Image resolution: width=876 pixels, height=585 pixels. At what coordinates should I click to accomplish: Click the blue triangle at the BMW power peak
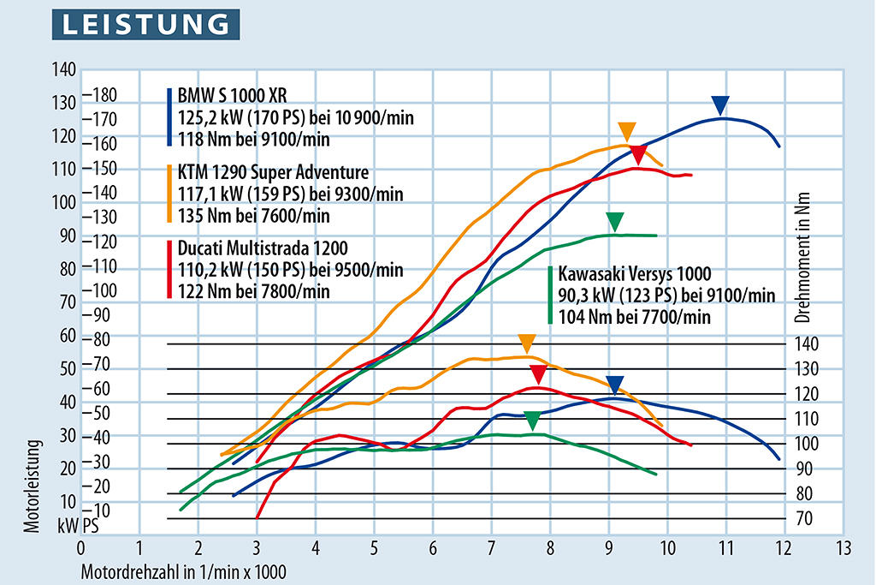[x=720, y=105]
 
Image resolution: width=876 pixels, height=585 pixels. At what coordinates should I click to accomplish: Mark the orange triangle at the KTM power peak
[x=627, y=131]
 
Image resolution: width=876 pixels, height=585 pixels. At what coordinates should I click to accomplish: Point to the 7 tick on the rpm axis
[x=491, y=546]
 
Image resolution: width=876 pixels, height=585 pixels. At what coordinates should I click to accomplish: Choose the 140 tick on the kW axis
[x=66, y=70]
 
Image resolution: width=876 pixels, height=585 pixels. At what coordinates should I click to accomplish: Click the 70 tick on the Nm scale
[x=806, y=518]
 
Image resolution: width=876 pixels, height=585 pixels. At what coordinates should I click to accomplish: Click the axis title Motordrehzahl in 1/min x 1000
[x=184, y=568]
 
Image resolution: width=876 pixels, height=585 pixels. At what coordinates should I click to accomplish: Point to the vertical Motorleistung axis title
[x=33, y=486]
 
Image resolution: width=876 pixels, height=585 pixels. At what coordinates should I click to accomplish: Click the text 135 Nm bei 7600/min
[x=253, y=215]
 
